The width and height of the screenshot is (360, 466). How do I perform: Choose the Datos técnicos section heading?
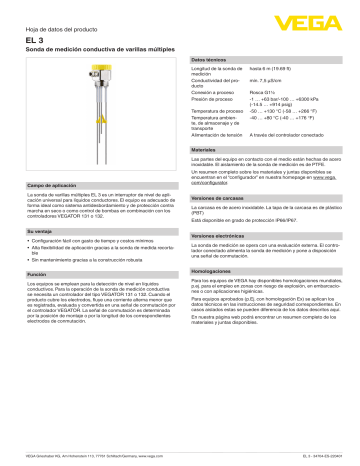coord(208,62)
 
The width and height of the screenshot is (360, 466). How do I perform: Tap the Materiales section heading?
coord(204,150)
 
